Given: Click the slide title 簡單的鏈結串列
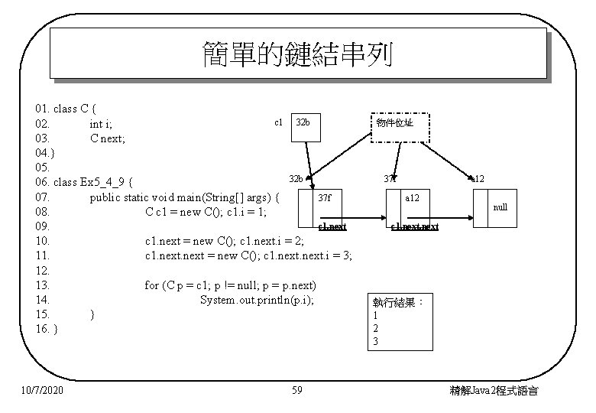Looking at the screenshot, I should (297, 54).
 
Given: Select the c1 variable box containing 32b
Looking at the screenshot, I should (307, 122).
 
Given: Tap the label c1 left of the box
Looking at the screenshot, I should (278, 122).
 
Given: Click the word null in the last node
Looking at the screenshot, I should (500, 207).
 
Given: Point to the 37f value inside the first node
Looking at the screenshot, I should (325, 197).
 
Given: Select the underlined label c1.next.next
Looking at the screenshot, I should (414, 226).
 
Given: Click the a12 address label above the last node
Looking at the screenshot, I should (477, 179).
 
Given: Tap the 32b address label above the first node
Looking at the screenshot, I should (296, 179).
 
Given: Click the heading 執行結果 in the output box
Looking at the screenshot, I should (398, 302).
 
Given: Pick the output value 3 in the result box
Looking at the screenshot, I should (375, 342).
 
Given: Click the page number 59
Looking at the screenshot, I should (297, 391).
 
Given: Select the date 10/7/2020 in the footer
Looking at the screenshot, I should (43, 391).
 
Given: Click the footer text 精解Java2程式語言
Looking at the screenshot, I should (494, 391).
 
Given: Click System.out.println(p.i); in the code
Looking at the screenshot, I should (257, 300).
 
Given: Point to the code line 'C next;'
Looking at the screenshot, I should (108, 138).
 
